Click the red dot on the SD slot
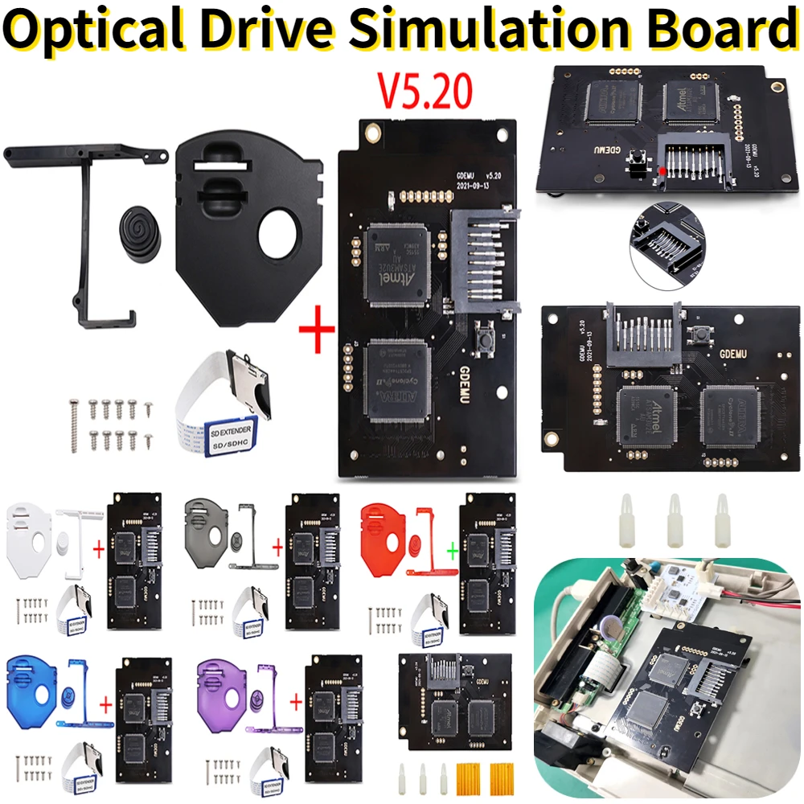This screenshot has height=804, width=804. [x=661, y=171]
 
